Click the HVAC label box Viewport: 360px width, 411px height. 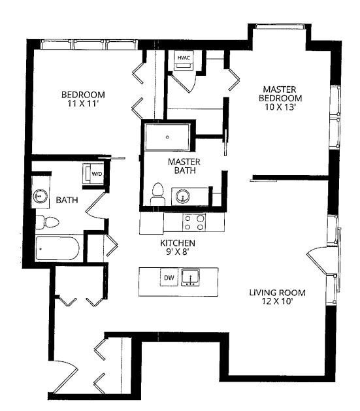click(x=182, y=58)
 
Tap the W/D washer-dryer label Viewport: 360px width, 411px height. click(x=97, y=174)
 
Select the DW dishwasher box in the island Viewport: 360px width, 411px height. click(x=169, y=278)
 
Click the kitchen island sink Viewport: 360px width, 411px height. click(x=191, y=278)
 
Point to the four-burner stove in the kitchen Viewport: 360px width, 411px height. click(x=194, y=223)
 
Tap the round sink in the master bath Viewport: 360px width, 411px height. click(x=182, y=195)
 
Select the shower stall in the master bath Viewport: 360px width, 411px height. click(x=169, y=138)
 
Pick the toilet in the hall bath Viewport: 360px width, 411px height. click(x=47, y=221)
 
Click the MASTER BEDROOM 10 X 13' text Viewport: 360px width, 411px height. click(x=282, y=98)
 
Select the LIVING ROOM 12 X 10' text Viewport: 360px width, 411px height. click(x=277, y=297)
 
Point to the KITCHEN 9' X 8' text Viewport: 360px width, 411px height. click(x=178, y=247)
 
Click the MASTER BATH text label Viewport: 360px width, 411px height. click(x=184, y=167)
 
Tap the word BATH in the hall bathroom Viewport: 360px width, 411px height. click(x=67, y=200)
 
